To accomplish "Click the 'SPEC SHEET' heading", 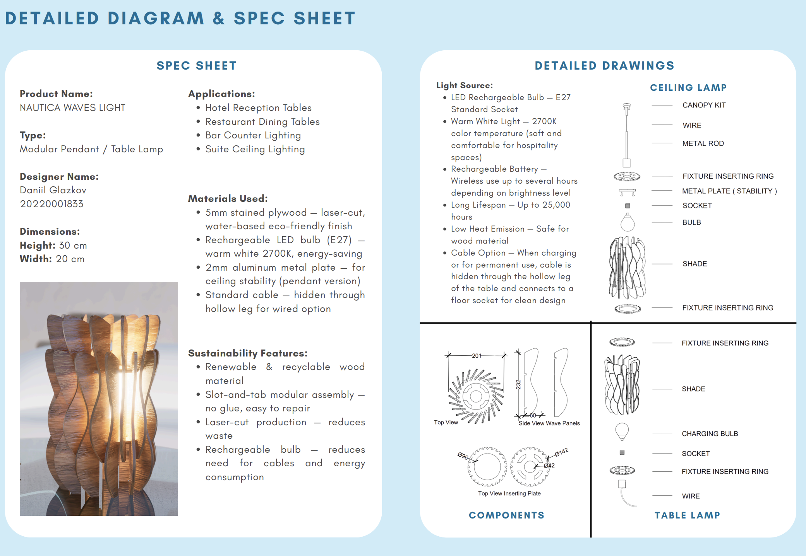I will point(196,66).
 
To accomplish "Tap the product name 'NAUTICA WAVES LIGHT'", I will point(72,107).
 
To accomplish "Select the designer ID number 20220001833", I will point(51,204).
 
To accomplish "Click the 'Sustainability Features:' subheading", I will point(247,353).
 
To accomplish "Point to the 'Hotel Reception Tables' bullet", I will point(258,107).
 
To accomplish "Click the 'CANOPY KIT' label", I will point(704,105).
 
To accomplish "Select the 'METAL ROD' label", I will point(703,143).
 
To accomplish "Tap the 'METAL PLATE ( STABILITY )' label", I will point(729,191).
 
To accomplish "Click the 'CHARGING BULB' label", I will point(710,434).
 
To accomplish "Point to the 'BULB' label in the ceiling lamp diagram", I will point(691,222).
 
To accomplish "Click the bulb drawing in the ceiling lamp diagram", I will point(628,222).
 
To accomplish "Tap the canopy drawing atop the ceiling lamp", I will point(626,106).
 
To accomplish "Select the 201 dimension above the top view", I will point(477,356).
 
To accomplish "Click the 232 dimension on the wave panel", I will point(518,384).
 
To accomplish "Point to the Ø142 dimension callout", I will point(561,452).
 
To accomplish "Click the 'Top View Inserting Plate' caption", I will point(509,493).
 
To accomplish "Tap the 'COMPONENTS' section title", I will point(506,515).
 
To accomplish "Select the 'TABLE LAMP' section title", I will point(687,515).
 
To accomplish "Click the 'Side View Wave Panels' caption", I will point(549,423).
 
